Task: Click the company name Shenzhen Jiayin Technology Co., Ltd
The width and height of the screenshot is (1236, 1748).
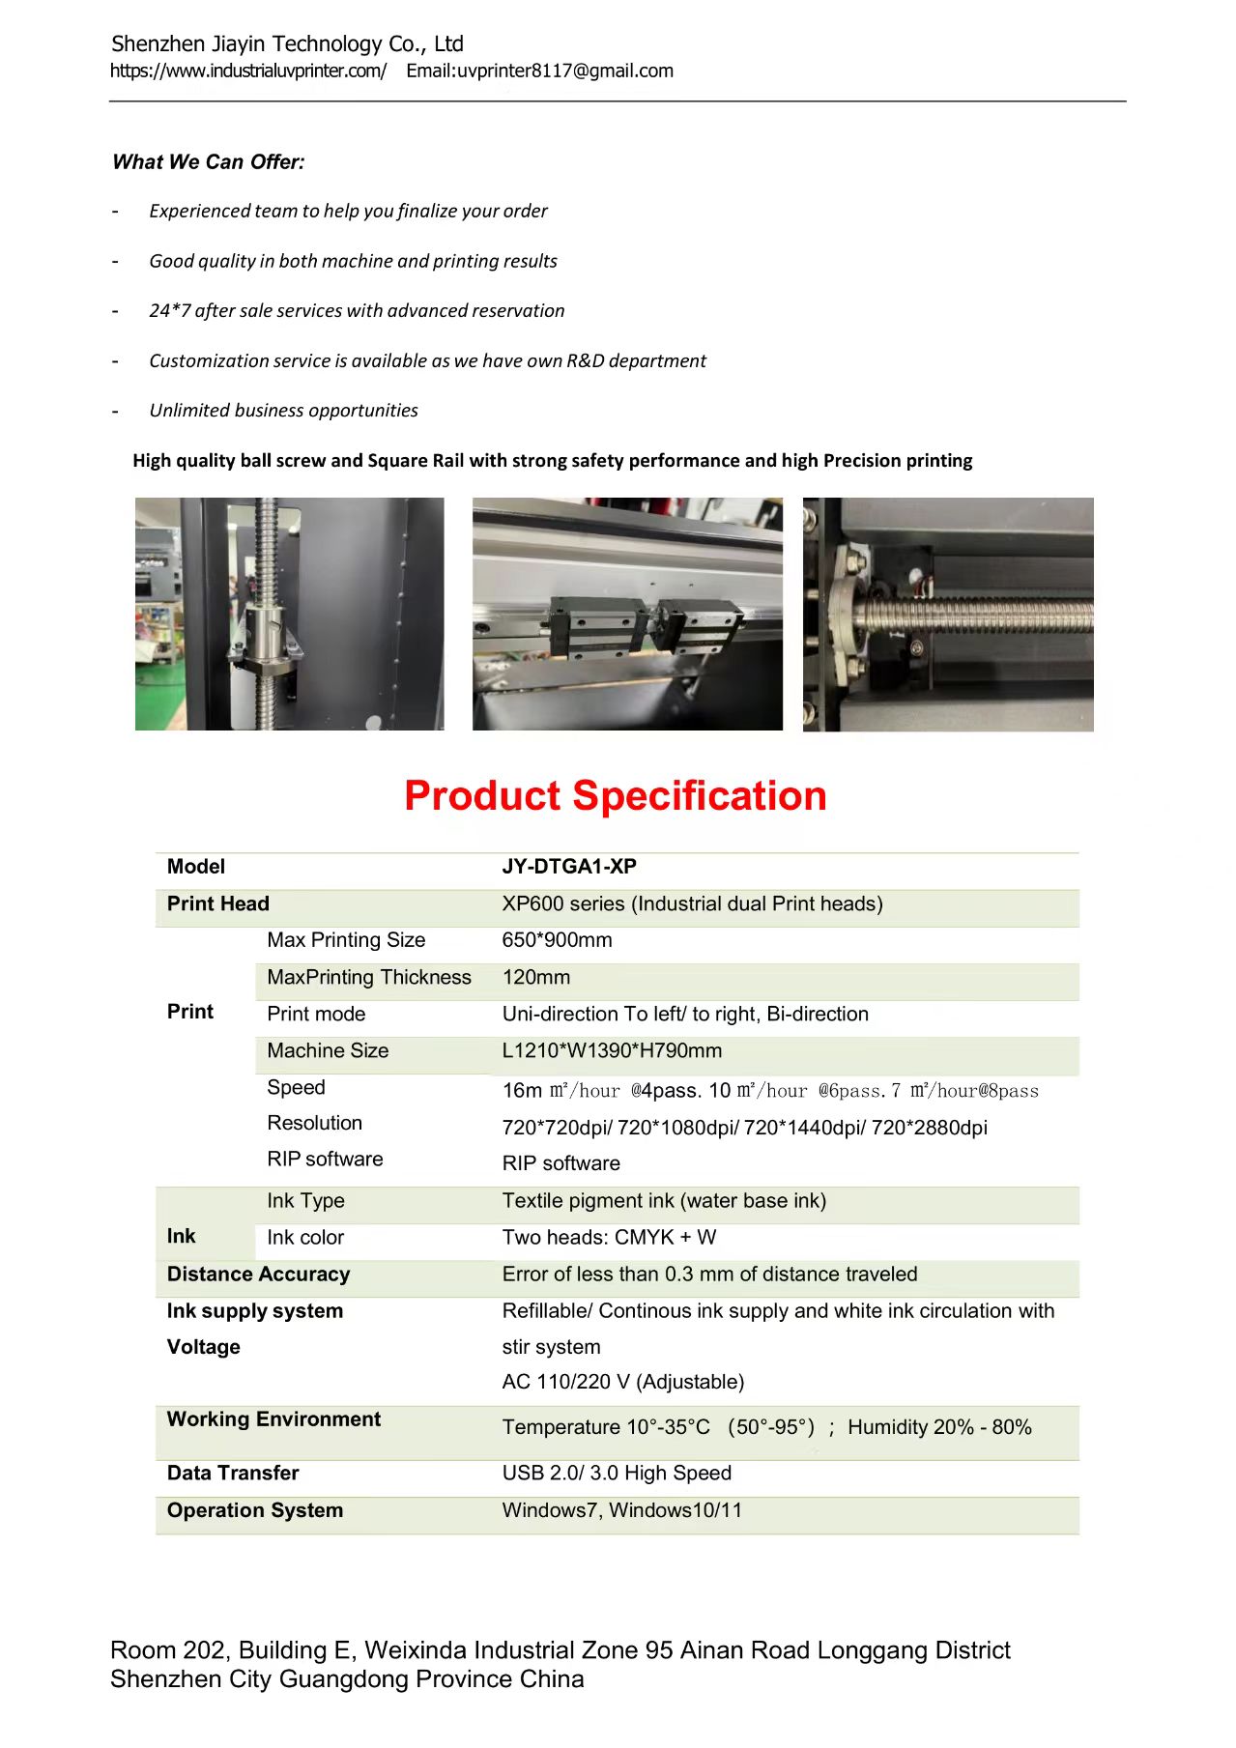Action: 287,44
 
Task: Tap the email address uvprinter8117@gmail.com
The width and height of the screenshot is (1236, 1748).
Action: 564,71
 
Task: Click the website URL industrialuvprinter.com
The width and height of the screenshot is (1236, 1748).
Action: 248,71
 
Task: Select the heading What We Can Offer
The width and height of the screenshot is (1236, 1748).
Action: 208,162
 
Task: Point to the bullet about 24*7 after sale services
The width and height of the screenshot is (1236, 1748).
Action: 356,310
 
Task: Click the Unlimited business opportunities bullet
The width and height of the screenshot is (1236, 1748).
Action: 283,410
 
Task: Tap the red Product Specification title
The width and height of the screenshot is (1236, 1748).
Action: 615,795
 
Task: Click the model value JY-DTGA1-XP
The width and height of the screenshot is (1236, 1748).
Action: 568,867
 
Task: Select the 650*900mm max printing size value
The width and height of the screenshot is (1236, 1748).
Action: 557,940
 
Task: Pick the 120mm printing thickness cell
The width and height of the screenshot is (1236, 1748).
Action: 535,977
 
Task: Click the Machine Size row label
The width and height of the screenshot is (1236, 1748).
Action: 328,1050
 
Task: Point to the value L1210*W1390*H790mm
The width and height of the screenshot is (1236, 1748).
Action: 612,1050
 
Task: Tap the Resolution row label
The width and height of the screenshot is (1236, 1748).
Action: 314,1123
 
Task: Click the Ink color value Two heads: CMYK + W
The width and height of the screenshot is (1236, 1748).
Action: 609,1237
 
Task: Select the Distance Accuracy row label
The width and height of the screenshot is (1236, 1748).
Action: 258,1274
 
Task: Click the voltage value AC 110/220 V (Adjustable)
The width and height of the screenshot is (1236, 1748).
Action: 622,1382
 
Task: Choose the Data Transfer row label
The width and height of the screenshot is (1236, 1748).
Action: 233,1473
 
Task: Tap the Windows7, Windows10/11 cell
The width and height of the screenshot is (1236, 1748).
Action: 621,1510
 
